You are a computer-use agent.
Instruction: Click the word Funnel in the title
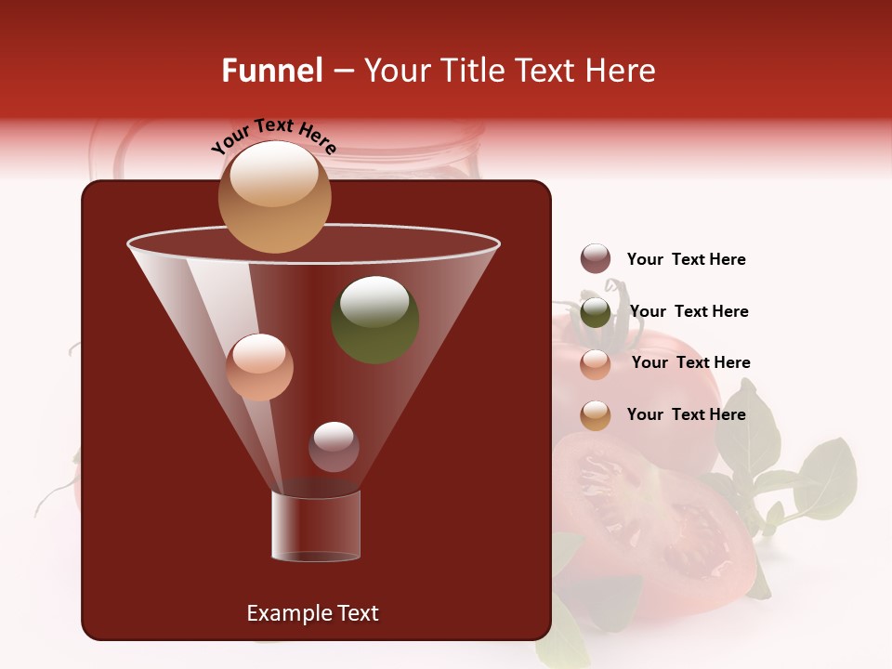coord(271,71)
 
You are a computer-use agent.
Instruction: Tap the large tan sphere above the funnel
coord(274,196)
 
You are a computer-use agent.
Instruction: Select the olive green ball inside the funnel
coord(375,319)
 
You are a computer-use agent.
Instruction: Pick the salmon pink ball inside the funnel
coord(259,367)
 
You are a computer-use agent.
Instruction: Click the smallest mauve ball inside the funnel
coord(334,447)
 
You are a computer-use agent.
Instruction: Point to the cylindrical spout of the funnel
coord(316,525)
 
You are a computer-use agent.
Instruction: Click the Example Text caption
coord(312,613)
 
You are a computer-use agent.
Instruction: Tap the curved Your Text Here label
coord(273,136)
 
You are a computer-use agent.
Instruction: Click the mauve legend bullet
coord(596,259)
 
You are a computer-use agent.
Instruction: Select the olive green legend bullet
coord(596,312)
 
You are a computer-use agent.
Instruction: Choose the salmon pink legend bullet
coord(596,364)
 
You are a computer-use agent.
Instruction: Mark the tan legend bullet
coord(596,415)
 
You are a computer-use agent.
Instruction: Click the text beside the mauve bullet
coord(686,260)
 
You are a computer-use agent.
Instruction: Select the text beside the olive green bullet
coord(689,312)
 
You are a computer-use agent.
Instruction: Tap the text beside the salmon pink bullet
coord(690,363)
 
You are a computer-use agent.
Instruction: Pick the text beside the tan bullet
coord(686,414)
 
